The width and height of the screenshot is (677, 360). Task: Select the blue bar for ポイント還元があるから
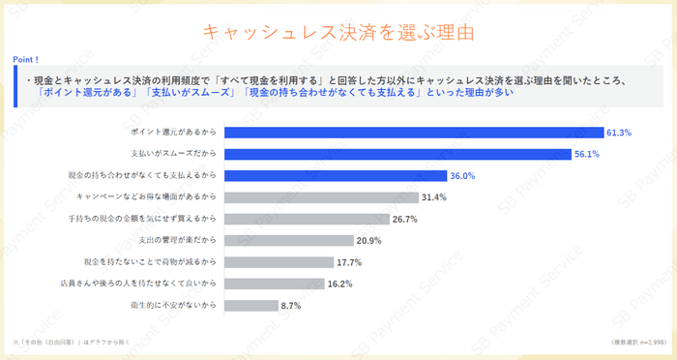tap(414, 132)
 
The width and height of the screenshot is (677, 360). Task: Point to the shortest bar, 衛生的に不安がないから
tap(251, 306)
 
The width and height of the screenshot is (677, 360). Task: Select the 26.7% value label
tap(405, 219)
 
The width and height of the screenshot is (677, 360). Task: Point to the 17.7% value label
tap(349, 262)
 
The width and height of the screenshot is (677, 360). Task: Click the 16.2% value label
tap(339, 285)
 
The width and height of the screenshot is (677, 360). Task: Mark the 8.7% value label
tap(291, 306)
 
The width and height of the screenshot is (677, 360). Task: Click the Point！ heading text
tap(26, 60)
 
